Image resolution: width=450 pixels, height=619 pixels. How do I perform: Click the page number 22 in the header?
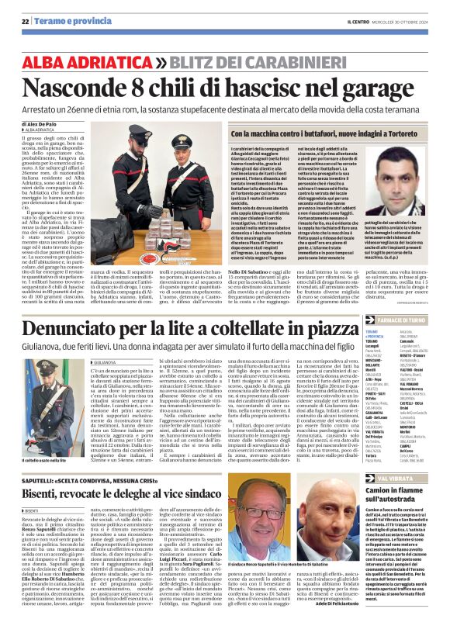tap(26, 21)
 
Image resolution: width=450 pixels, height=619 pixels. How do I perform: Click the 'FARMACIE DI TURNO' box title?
tap(412, 320)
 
